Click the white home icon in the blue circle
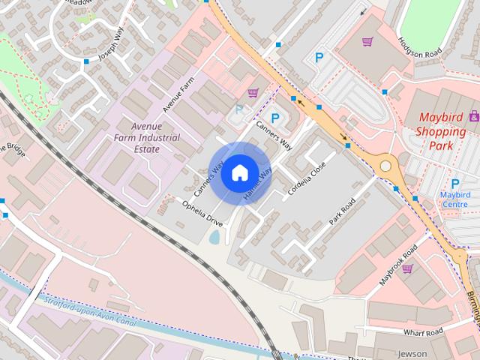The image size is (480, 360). coord(238,172)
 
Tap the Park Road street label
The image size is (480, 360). coord(340,212)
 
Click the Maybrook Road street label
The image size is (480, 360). coord(397,266)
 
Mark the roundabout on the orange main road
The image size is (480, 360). coord(385,165)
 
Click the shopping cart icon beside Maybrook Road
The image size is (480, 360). coord(408,268)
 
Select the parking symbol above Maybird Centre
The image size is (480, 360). coord(454,183)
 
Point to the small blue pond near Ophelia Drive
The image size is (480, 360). coord(215,238)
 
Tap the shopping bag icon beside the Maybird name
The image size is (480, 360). coord(474,116)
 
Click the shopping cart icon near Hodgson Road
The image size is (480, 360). coord(367,42)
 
